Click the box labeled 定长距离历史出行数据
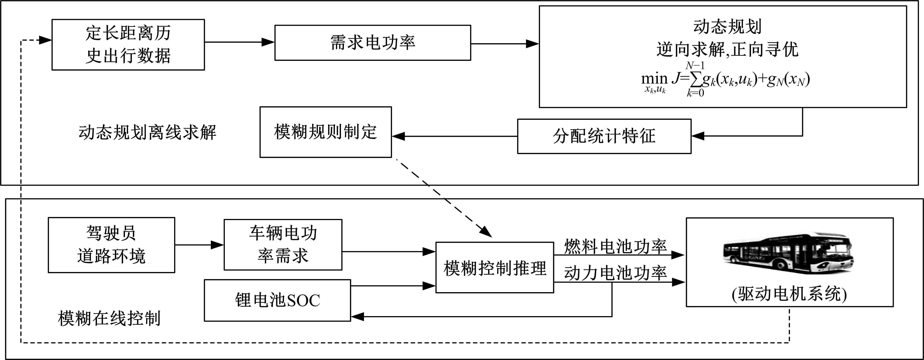128,45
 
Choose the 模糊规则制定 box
325,132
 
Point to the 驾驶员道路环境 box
111,245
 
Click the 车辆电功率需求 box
283,244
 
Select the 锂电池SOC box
277,300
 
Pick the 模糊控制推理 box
494,268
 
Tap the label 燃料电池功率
615,247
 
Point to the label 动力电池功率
615,273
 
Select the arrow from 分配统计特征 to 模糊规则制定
454,136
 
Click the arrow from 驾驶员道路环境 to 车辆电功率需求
199,245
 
